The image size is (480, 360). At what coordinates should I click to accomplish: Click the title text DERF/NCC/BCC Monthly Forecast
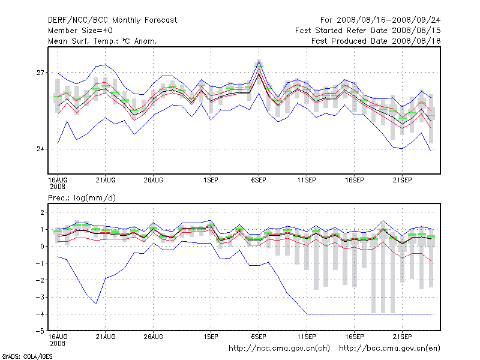pos(112,20)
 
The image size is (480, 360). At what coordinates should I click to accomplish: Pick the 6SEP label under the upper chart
pos(259,179)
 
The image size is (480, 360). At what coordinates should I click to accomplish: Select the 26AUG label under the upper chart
pos(153,179)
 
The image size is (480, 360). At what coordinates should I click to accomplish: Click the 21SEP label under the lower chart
pos(402,337)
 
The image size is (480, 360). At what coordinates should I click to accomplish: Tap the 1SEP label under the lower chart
pos(211,337)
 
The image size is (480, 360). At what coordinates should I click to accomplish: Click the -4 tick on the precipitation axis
pos(40,314)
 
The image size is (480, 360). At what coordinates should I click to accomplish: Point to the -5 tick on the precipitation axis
pos(40,331)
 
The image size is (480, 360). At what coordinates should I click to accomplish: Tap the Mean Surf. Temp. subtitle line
pos(102,41)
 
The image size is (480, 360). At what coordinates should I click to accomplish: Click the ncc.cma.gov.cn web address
pos(280,348)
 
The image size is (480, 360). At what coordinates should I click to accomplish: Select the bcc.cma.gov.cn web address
pos(390,348)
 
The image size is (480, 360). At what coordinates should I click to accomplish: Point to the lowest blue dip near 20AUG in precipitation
pos(96,304)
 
